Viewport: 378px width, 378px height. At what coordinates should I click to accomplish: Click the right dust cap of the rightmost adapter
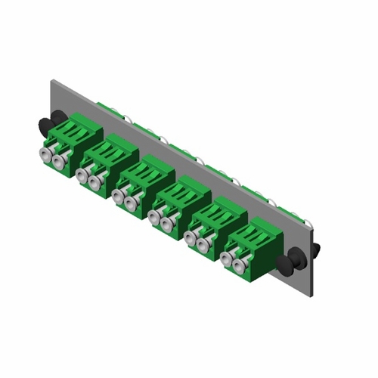pyautogui.click(x=240, y=265)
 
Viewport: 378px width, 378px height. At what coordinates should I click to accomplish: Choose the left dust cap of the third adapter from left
pyautogui.click(x=118, y=196)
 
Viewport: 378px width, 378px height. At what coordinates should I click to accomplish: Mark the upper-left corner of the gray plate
pyautogui.click(x=51, y=77)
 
